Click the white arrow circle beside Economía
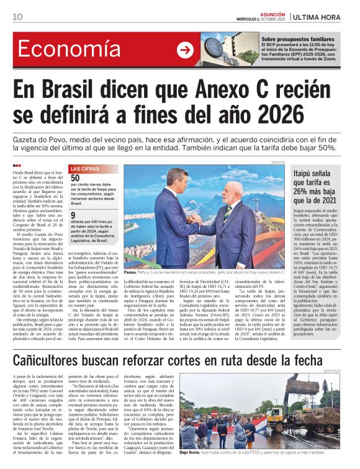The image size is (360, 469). pyautogui.click(x=185, y=50)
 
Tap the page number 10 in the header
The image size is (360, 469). pyautogui.click(x=17, y=17)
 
